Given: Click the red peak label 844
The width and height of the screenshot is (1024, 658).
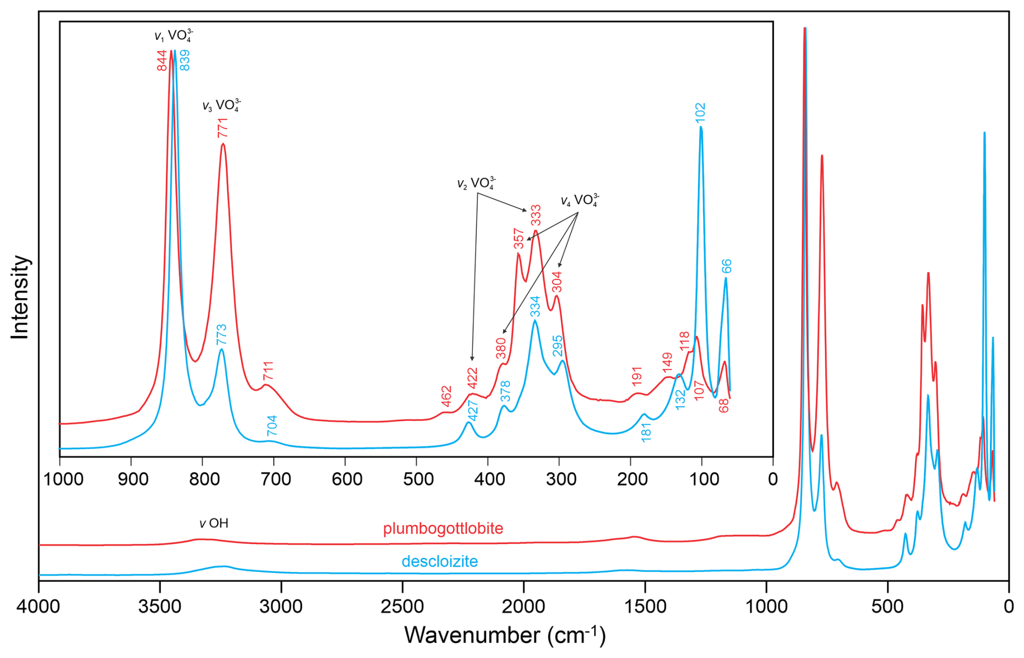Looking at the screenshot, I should pyautogui.click(x=162, y=61).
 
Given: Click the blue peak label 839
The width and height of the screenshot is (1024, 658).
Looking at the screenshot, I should pyautogui.click(x=185, y=60).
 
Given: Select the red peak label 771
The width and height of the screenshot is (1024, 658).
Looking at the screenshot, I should pyautogui.click(x=222, y=128).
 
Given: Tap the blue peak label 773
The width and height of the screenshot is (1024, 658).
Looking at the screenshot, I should pyautogui.click(x=221, y=335).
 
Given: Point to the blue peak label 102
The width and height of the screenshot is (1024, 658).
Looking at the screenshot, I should pyautogui.click(x=700, y=113).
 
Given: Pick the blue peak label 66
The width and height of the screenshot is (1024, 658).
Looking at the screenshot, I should pyautogui.click(x=726, y=266).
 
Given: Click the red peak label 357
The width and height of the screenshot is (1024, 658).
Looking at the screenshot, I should pyautogui.click(x=518, y=239).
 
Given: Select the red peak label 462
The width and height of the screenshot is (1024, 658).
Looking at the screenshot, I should pyautogui.click(x=446, y=396).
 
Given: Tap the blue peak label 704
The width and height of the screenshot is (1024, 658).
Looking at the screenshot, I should pyautogui.click(x=272, y=426).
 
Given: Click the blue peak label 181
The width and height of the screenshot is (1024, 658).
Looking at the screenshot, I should pyautogui.click(x=646, y=432).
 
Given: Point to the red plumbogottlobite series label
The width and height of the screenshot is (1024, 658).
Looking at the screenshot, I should pyautogui.click(x=443, y=529).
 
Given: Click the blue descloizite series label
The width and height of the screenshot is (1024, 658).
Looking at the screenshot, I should pyautogui.click(x=439, y=562).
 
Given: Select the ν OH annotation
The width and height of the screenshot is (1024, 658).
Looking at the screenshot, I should pyautogui.click(x=214, y=523).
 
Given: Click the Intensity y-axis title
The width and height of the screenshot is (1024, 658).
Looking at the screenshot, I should pyautogui.click(x=20, y=297).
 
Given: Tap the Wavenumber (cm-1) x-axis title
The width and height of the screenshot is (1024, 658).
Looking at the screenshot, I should pyautogui.click(x=504, y=635).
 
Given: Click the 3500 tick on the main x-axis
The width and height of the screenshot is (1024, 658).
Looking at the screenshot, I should pyautogui.click(x=160, y=607).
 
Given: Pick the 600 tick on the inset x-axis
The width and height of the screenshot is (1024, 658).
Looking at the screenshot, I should pyautogui.click(x=346, y=479).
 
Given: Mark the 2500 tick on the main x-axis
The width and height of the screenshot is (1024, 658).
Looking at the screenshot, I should pyautogui.click(x=402, y=607).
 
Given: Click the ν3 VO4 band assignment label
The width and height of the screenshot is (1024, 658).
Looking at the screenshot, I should pyautogui.click(x=221, y=105).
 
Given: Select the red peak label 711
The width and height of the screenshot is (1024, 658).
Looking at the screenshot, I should pyautogui.click(x=268, y=371).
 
